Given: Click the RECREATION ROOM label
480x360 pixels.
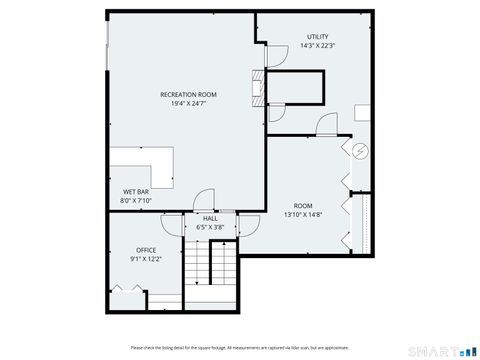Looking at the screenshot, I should click(188, 94).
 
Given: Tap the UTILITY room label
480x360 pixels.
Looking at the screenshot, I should click(316, 37).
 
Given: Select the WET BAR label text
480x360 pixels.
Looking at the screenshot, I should click(136, 191).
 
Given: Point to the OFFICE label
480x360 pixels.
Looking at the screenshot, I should click(146, 250).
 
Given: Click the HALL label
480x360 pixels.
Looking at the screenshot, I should click(210, 218).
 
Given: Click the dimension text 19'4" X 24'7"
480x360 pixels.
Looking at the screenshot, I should click(188, 103).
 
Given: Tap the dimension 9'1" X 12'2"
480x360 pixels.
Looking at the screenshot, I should click(146, 259).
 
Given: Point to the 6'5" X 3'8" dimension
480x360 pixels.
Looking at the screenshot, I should click(210, 227).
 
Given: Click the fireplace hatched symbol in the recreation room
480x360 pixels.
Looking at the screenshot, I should click(260, 88).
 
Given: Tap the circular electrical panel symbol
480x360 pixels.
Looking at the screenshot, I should click(361, 151).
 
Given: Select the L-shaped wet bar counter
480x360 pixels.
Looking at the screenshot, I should click(146, 164).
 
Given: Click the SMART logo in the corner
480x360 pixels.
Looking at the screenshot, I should click(441, 349).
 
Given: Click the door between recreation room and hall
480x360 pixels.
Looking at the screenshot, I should click(202, 201).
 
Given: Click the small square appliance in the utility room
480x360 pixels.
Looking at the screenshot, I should click(362, 113).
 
